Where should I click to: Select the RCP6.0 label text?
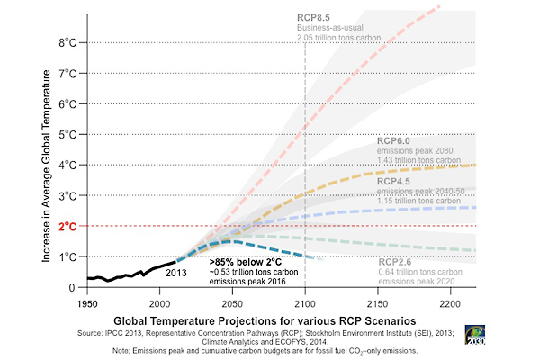(x=394, y=140)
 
